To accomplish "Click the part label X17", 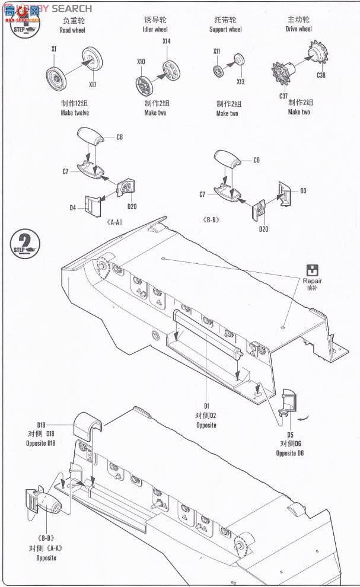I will [93, 84].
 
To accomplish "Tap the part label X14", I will [166, 41].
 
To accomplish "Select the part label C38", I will [321, 75].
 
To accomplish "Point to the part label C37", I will [284, 95].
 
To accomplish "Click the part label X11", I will [217, 52].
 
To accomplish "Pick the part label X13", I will [240, 81].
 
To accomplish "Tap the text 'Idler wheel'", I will [155, 29].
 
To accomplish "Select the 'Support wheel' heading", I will [225, 29].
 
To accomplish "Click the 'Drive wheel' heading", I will [298, 28].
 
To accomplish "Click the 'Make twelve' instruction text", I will [75, 113].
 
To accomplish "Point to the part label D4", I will [72, 208].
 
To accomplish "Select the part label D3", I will [302, 190].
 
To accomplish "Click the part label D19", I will [41, 425].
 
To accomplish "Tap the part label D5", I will [290, 435].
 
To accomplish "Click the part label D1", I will [206, 406].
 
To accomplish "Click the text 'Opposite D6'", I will [290, 453].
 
